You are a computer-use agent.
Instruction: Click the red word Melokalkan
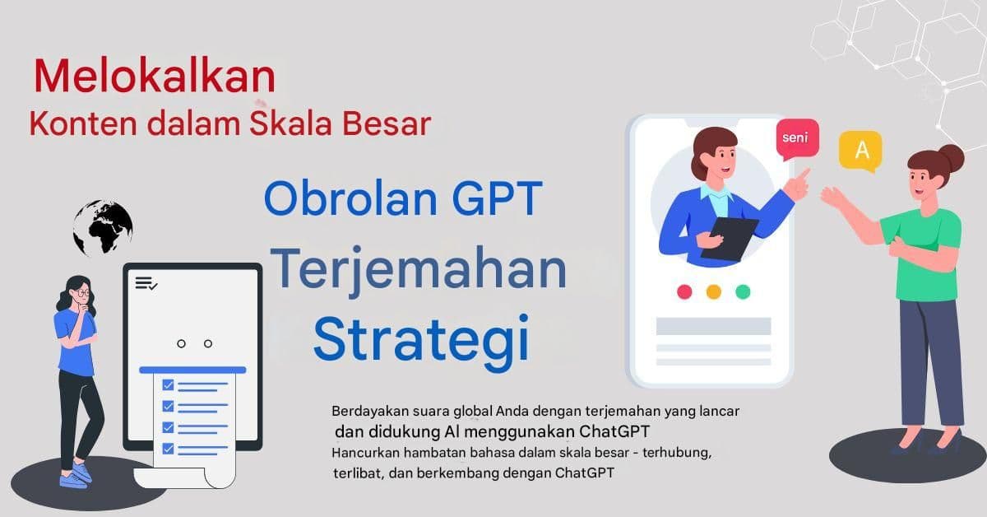pyautogui.click(x=155, y=77)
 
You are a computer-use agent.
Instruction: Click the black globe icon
pyautogui.click(x=103, y=226)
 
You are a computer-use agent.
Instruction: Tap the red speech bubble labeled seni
pyautogui.click(x=797, y=137)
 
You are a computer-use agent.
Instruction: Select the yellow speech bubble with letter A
pyautogui.click(x=860, y=151)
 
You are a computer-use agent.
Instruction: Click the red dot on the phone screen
pyautogui.click(x=683, y=291)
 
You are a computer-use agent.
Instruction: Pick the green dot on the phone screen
pyautogui.click(x=743, y=291)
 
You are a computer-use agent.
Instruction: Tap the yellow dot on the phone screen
pyautogui.click(x=713, y=291)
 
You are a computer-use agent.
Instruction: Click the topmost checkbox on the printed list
pyautogui.click(x=168, y=384)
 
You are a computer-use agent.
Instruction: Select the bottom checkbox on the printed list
pyautogui.click(x=168, y=449)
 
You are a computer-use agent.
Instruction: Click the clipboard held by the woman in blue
pyautogui.click(x=729, y=237)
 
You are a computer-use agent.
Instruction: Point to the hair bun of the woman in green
pyautogui.click(x=951, y=156)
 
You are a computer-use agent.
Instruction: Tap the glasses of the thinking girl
pyautogui.click(x=81, y=292)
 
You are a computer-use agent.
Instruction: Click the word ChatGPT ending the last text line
pyautogui.click(x=585, y=473)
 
